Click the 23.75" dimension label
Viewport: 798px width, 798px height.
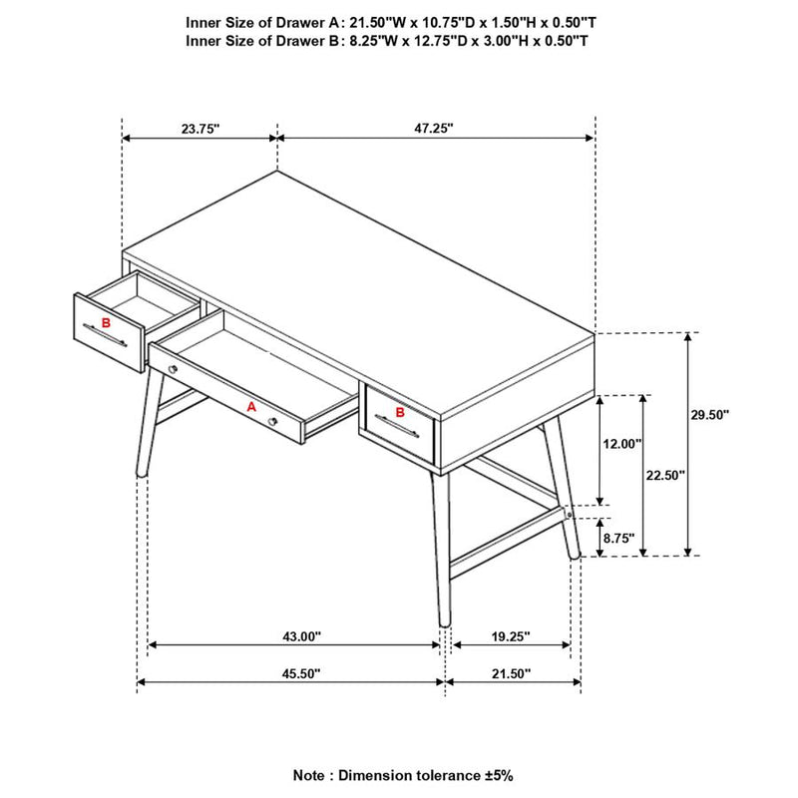pos(200,129)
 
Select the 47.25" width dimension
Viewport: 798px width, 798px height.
pos(434,129)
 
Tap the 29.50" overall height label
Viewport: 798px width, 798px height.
pos(710,415)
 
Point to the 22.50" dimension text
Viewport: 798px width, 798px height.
pos(665,476)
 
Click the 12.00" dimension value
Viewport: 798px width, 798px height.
pos(622,444)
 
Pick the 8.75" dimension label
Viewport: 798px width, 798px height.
pos(619,538)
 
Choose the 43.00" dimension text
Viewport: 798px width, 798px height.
pos(302,636)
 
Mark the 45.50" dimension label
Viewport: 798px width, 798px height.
pos(302,674)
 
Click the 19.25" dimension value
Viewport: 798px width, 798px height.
pos(511,636)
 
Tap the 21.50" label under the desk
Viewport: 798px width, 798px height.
pos(511,674)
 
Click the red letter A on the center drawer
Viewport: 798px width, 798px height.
pos(251,407)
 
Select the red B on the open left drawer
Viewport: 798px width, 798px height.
pos(106,322)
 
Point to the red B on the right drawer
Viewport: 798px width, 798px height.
pos(400,412)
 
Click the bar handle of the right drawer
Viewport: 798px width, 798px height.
pos(396,426)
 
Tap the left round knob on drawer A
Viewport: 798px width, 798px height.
pos(173,369)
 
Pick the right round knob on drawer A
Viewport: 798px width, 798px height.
pos(272,421)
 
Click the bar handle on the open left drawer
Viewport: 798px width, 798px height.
pos(105,335)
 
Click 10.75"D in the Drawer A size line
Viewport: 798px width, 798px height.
pos(438,23)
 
